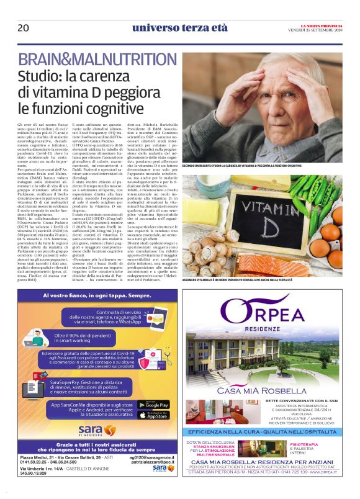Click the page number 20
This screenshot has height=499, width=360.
point(23,27)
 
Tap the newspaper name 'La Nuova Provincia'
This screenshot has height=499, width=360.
point(319,24)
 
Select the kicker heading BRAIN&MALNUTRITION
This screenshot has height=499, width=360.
point(97,60)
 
